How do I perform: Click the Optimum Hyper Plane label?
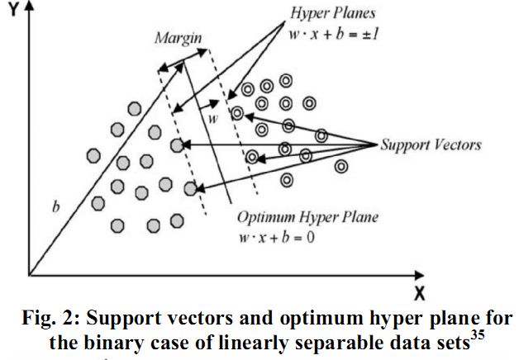[307, 218]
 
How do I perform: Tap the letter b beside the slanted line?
[56, 207]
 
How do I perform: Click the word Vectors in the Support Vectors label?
[456, 145]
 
